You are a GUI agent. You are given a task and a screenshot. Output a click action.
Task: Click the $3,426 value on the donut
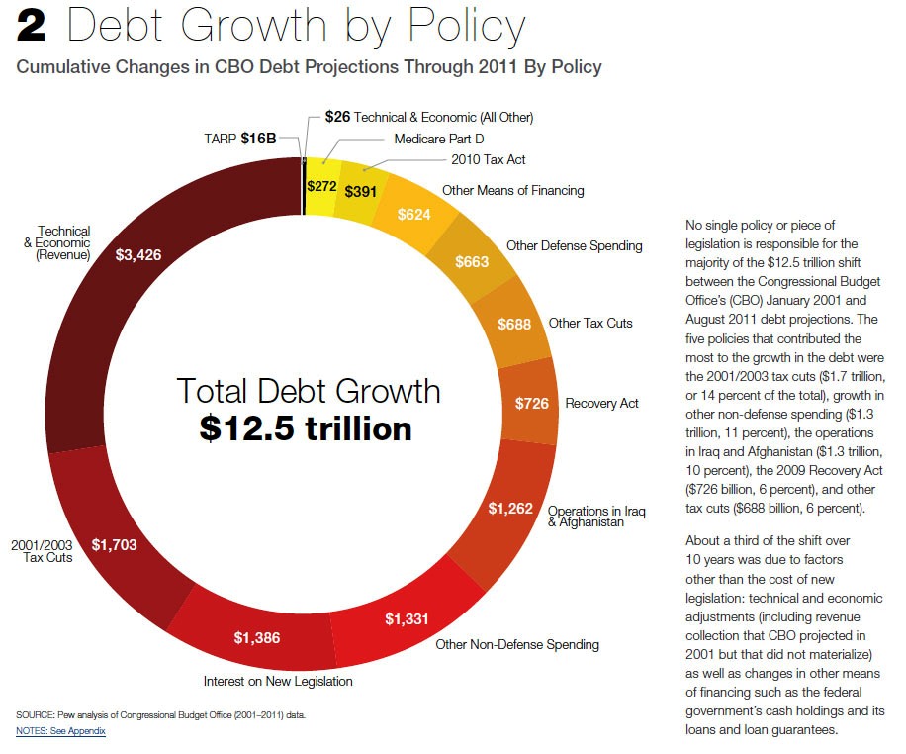pyautogui.click(x=138, y=255)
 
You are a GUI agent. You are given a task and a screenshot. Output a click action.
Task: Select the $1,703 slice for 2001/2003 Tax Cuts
pyautogui.click(x=113, y=544)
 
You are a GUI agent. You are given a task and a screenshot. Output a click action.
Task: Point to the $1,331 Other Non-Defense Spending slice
pyautogui.click(x=407, y=620)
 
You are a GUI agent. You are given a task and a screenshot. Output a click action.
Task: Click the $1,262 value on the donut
pyautogui.click(x=510, y=509)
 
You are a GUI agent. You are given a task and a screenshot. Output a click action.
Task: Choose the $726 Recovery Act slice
pyautogui.click(x=532, y=404)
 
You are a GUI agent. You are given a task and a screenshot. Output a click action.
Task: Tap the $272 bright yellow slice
pyautogui.click(x=321, y=185)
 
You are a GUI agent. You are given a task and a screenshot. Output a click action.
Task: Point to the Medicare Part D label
pyautogui.click(x=438, y=139)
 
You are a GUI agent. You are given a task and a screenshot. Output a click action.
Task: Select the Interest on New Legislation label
pyautogui.click(x=278, y=681)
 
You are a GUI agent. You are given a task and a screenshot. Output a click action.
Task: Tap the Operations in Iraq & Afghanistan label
pyautogui.click(x=596, y=517)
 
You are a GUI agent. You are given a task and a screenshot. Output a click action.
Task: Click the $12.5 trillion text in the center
pyautogui.click(x=306, y=428)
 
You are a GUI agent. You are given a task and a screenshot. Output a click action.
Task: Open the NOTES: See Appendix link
pyautogui.click(x=60, y=731)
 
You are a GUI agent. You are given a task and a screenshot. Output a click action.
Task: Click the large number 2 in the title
pyautogui.click(x=32, y=27)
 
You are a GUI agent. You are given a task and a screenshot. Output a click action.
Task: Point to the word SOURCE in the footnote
pyautogui.click(x=35, y=714)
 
